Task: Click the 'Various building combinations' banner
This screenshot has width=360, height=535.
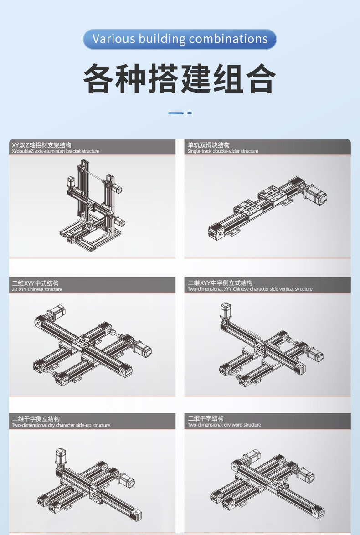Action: [x=180, y=39]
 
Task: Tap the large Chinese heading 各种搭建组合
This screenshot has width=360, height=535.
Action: [x=180, y=79]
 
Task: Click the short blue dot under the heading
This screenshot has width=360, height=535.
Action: [x=190, y=113]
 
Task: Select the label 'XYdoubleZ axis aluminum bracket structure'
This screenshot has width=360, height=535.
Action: [x=56, y=151]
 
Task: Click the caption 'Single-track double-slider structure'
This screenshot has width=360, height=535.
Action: [x=223, y=151]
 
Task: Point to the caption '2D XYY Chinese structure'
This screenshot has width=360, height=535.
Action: [x=37, y=289]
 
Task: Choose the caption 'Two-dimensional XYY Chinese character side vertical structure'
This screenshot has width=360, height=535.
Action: [x=250, y=289]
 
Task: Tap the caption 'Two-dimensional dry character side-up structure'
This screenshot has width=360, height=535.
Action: [x=61, y=425]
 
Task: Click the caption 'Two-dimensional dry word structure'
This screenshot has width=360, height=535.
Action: [x=224, y=425]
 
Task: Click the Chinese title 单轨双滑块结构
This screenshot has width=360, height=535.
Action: [x=209, y=145]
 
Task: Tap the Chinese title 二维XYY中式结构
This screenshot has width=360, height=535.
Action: [x=36, y=283]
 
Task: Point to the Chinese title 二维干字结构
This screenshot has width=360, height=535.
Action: [x=206, y=418]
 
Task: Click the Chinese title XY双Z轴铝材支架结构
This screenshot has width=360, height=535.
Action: [x=41, y=145]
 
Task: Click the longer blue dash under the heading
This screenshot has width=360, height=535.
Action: [x=176, y=113]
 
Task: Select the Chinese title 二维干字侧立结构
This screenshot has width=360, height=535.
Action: [x=36, y=419]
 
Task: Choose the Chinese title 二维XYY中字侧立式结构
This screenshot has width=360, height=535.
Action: [x=220, y=283]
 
